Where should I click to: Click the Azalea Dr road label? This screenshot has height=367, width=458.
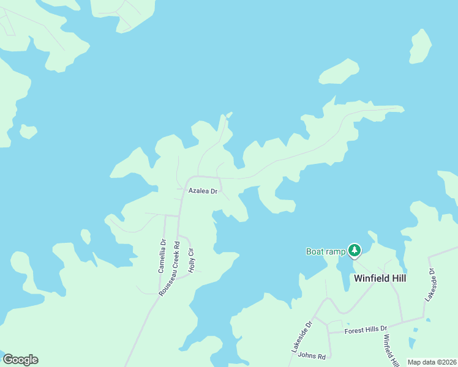click(203, 191)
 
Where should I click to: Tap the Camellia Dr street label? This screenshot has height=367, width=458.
click(162, 254)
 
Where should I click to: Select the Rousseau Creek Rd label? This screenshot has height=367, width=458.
click(170, 269)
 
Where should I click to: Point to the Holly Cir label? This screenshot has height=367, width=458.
click(191, 260)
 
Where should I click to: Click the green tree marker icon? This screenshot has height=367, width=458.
click(355, 250)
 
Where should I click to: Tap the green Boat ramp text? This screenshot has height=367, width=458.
click(325, 251)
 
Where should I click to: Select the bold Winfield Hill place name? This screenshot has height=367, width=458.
click(380, 278)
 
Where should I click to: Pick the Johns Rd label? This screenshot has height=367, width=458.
click(310, 355)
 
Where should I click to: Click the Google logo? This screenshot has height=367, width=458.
click(20, 360)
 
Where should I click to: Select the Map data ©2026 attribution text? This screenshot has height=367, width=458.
click(432, 362)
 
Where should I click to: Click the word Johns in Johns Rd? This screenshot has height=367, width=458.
click(306, 355)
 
